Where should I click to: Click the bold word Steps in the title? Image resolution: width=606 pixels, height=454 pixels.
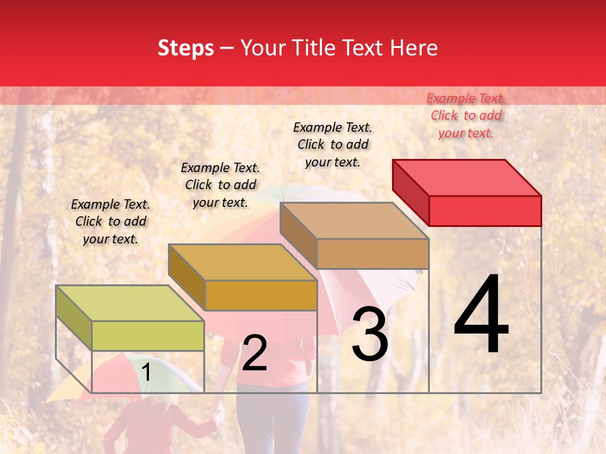click(x=186, y=48)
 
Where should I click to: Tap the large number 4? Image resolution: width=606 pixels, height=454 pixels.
click(x=481, y=315)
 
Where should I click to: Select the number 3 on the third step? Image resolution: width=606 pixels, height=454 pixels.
click(x=370, y=334)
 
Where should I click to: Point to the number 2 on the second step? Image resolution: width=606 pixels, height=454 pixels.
click(x=254, y=353)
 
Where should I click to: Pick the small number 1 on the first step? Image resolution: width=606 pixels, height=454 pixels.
click(x=146, y=373)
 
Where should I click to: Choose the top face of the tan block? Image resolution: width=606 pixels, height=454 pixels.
click(x=354, y=221)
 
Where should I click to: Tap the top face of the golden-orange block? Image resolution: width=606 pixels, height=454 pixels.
click(x=242, y=262)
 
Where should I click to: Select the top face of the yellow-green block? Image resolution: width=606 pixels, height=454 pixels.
click(x=130, y=303)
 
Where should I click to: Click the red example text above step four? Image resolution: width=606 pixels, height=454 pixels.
click(x=466, y=115)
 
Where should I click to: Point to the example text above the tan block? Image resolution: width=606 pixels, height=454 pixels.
click(x=333, y=144)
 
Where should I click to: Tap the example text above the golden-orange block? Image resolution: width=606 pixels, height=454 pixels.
click(x=220, y=185)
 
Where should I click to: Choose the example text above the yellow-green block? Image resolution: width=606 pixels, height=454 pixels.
click(x=110, y=221)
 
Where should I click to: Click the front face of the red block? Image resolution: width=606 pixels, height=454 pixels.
click(x=485, y=211)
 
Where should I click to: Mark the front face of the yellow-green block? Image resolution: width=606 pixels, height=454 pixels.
click(x=148, y=335)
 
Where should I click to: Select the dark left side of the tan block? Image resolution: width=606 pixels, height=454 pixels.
click(x=298, y=235)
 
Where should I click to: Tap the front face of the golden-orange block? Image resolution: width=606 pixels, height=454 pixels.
click(x=261, y=295)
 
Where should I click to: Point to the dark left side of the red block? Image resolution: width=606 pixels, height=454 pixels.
click(x=410, y=190)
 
